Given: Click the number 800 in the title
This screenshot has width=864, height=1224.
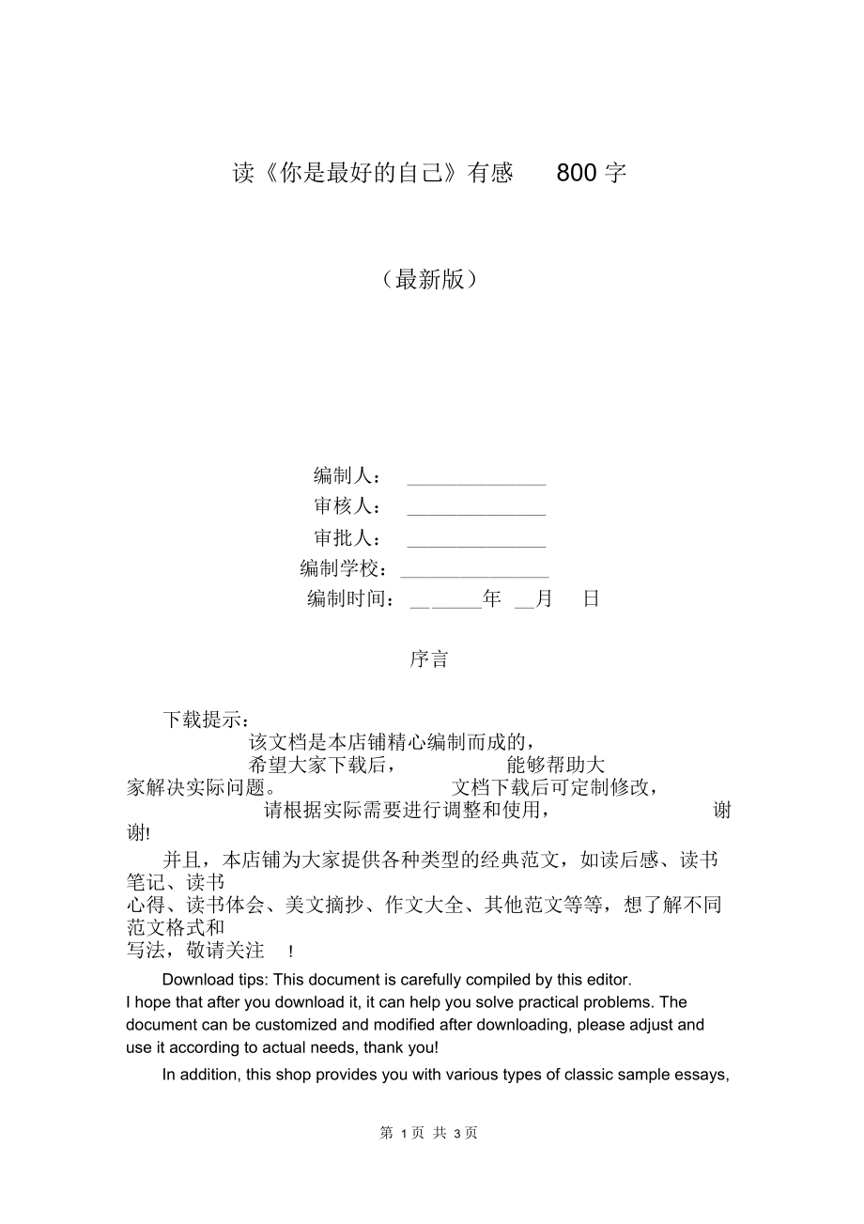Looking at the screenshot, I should pos(578,173).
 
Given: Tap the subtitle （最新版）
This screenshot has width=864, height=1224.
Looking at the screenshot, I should pos(430,279).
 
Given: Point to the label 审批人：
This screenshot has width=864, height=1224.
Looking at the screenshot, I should pos(347,538).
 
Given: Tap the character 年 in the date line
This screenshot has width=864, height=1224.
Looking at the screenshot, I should pos(492,599).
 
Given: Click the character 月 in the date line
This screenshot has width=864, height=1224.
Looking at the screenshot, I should pos(544,599).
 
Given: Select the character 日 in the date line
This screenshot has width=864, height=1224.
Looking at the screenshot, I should pos(591,599).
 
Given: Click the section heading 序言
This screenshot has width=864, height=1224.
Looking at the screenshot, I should pos(429,659).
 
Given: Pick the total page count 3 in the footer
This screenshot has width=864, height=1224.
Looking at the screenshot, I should pos(456,1134).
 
